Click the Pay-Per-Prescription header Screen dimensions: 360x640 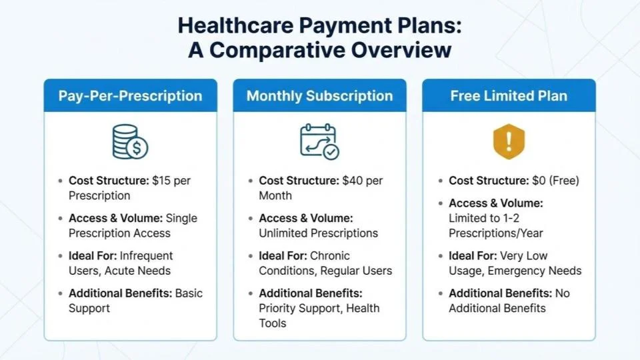coord(130,95)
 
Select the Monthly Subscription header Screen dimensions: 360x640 coord(319,95)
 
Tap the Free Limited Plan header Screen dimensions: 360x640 coord(509,95)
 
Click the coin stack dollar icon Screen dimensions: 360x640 coord(130,141)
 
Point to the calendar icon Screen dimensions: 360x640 coord(319,141)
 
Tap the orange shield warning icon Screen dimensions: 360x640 coord(509,140)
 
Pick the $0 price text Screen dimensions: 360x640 coord(539,181)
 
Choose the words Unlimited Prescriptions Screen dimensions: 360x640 coord(318,233)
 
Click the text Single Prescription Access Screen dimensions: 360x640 coord(119,233)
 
